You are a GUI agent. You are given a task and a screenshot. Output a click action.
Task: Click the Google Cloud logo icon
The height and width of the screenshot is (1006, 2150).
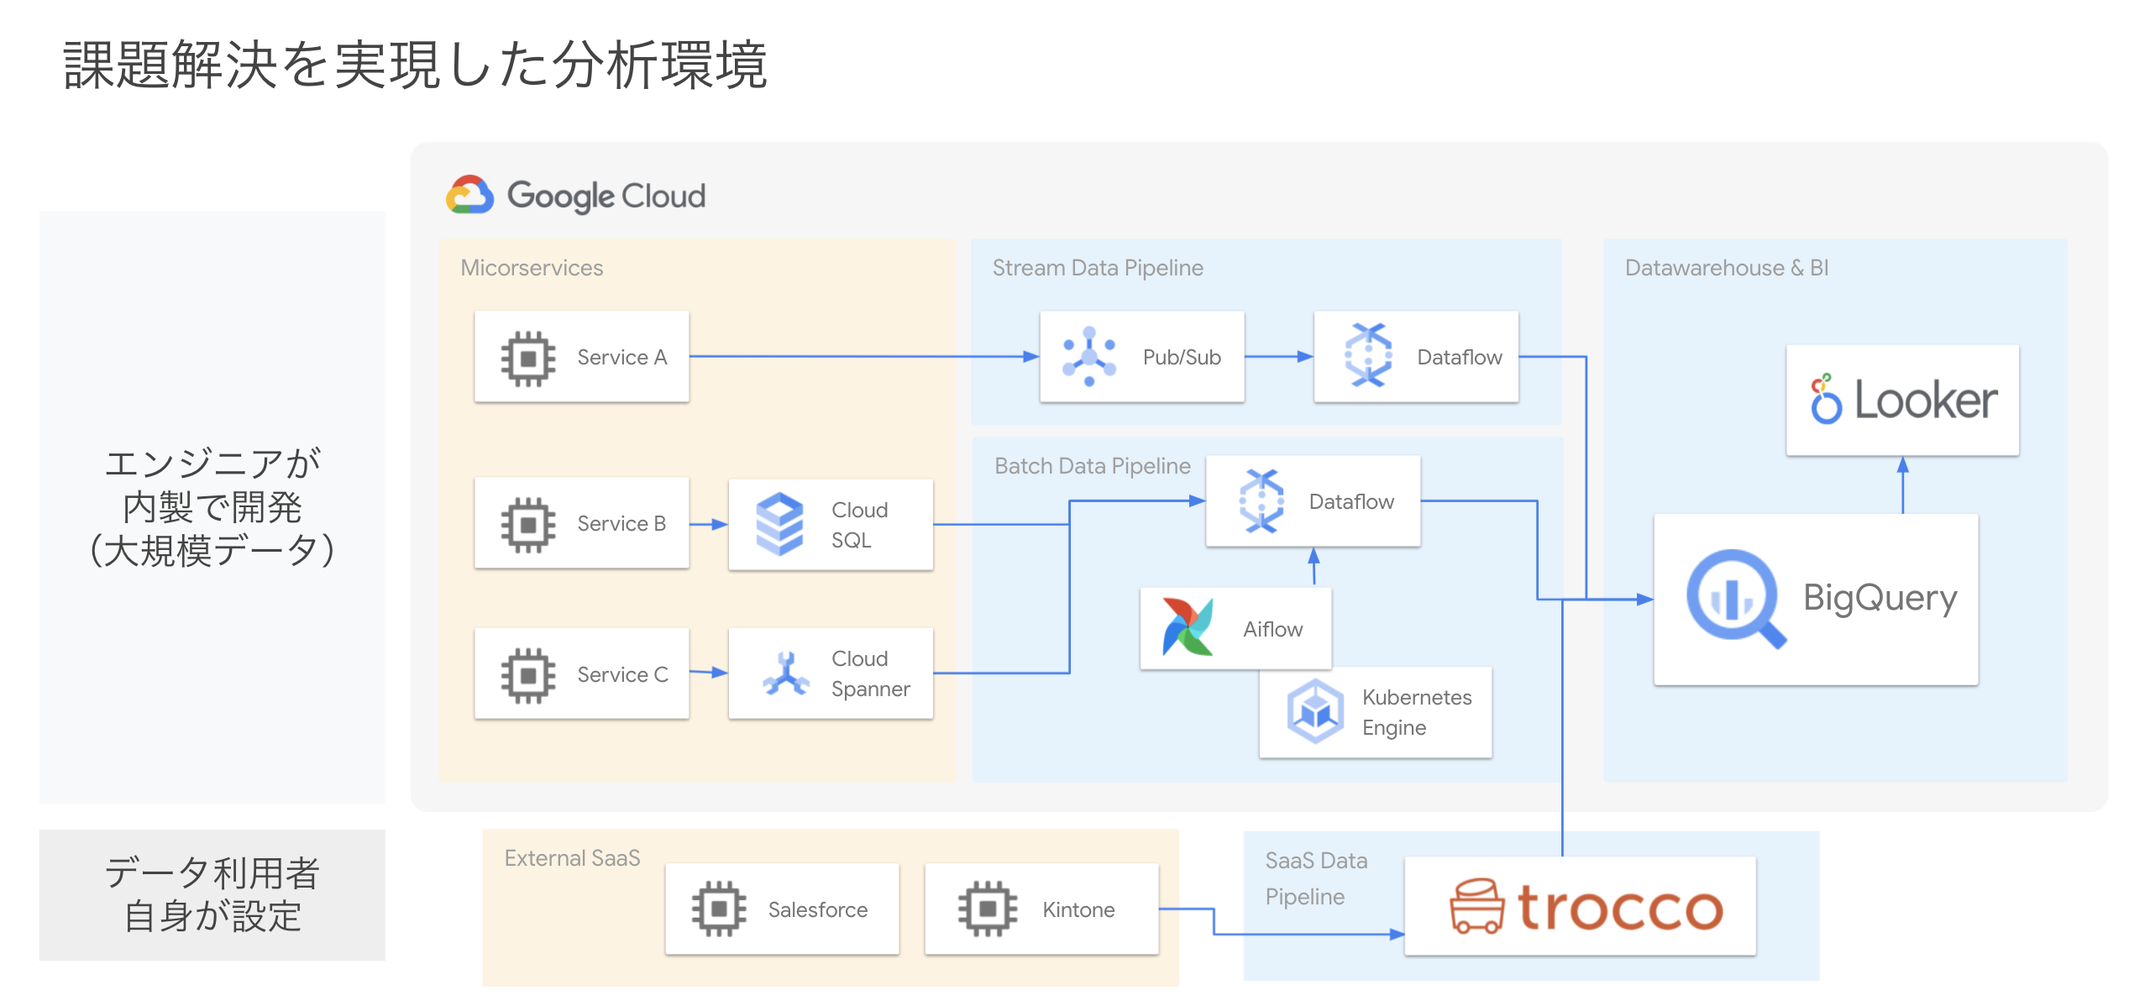click(469, 196)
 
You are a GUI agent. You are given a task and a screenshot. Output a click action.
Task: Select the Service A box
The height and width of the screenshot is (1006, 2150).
click(581, 357)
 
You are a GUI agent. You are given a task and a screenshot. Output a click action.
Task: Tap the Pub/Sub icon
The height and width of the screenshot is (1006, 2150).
click(1089, 357)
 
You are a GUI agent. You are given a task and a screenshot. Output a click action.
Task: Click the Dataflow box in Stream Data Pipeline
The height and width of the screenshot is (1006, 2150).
click(1416, 357)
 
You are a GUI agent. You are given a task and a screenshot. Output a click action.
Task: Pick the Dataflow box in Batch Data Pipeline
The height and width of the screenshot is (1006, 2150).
click(1313, 501)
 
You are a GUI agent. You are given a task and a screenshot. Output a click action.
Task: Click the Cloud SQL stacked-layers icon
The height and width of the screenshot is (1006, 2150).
click(779, 524)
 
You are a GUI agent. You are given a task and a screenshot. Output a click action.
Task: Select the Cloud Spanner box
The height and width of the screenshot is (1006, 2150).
click(831, 673)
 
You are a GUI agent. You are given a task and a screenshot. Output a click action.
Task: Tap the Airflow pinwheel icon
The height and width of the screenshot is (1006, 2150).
click(1188, 627)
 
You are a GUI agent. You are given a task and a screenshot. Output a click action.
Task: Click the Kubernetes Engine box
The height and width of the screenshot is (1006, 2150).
click(1376, 713)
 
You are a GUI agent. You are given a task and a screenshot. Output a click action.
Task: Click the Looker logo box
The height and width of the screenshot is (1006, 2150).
click(1902, 400)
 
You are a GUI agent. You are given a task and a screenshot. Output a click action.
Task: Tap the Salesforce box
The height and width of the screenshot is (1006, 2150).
click(782, 909)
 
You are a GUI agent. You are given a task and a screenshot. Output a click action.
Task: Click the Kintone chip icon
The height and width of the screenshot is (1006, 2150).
click(987, 909)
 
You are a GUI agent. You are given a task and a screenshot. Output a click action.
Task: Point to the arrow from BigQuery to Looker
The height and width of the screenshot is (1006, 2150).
click(1902, 485)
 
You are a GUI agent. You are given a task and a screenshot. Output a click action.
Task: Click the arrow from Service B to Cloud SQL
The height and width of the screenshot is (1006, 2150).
click(708, 524)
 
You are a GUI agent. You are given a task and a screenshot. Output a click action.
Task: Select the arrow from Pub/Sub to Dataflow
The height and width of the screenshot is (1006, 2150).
click(1278, 357)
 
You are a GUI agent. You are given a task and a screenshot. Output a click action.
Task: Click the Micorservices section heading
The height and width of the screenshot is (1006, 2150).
click(532, 268)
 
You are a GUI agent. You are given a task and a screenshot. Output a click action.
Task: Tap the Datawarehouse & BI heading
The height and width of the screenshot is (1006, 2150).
click(1726, 268)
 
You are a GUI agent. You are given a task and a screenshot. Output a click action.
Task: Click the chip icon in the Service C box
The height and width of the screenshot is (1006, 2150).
click(528, 674)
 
